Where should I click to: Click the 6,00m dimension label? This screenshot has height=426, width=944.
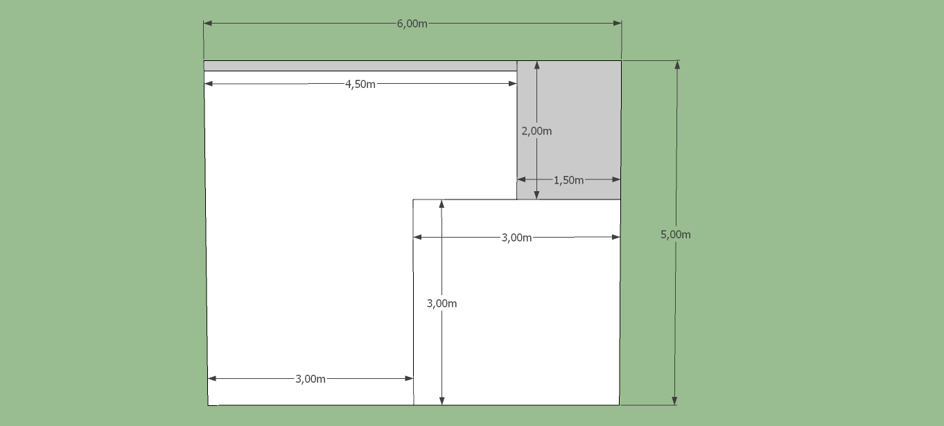click(x=412, y=24)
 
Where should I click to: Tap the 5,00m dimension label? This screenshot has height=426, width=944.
click(x=675, y=235)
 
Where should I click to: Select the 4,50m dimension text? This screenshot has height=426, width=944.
click(x=360, y=85)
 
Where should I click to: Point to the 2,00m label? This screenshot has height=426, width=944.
click(x=536, y=131)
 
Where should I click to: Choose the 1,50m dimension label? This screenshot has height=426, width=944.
click(x=568, y=180)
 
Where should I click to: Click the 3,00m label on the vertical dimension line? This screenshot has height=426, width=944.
click(x=442, y=303)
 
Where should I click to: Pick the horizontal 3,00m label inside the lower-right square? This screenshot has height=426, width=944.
click(x=516, y=238)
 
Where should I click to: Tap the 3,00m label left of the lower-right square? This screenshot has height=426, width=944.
click(x=311, y=379)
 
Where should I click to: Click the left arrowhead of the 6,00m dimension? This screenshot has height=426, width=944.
click(x=208, y=23)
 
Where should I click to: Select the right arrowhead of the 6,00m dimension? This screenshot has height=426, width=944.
click(x=618, y=23)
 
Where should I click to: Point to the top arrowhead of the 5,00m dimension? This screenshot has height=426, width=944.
click(x=677, y=64)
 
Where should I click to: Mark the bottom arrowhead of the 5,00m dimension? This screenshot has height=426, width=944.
click(x=674, y=401)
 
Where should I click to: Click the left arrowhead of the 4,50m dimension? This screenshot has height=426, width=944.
click(x=209, y=83)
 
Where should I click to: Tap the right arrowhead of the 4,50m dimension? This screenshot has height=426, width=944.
click(x=513, y=83)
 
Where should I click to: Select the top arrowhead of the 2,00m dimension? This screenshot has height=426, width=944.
click(x=536, y=65)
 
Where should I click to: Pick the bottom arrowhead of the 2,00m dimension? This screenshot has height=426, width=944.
click(x=536, y=195)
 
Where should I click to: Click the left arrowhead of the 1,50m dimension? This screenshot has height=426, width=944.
click(x=521, y=179)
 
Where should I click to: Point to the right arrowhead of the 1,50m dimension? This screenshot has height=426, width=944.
click(x=616, y=179)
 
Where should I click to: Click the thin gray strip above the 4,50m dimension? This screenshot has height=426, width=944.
click(x=360, y=66)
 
